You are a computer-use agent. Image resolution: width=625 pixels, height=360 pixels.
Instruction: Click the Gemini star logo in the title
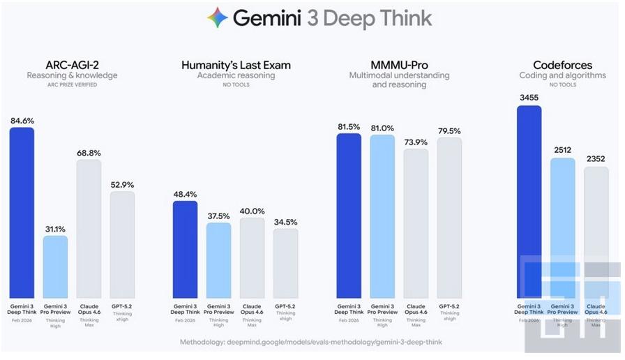coord(218,17)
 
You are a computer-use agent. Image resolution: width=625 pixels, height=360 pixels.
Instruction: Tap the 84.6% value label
coord(22,121)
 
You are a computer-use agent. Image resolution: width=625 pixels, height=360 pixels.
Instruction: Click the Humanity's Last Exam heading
coord(236,65)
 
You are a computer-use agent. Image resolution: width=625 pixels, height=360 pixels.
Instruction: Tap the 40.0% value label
coord(252,211)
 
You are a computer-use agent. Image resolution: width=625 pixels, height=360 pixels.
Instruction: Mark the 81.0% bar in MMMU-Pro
coord(382,216)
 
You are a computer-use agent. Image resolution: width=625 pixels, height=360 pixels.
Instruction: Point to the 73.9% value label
coord(416,142)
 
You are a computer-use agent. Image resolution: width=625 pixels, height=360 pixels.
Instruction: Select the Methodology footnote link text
coord(310,343)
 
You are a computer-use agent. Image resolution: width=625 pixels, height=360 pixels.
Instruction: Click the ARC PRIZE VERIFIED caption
coord(72,85)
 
